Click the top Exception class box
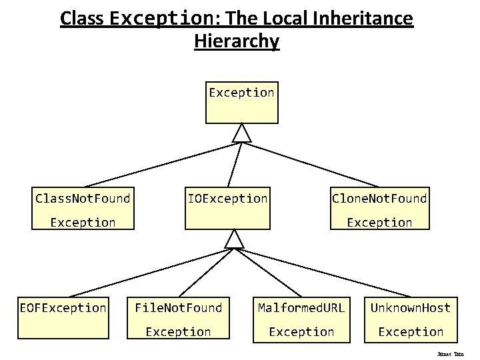(241, 103)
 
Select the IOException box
(228, 208)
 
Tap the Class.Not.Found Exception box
(83, 208)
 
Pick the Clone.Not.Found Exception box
(380, 208)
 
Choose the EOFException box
(63, 317)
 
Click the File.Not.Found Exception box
(178, 319)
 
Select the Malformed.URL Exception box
(301, 319)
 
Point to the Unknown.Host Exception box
(411, 319)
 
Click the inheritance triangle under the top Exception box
(241, 133)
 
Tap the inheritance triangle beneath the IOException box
(235, 239)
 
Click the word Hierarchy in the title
(237, 41)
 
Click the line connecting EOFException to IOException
(147, 273)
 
